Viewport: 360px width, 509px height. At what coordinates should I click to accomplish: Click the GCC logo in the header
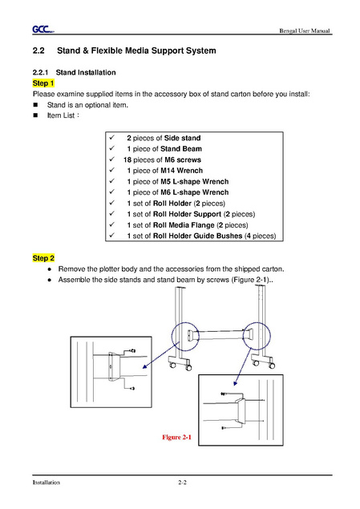coord(42,30)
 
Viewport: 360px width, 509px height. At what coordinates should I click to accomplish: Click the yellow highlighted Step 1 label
coord(43,83)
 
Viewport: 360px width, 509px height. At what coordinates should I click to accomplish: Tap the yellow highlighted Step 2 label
coord(43,258)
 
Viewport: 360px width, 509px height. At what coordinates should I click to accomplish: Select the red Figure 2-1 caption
coord(176,438)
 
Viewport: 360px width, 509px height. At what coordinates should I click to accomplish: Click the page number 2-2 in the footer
coord(182,483)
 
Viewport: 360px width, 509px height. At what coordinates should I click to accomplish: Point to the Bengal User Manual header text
coord(305,30)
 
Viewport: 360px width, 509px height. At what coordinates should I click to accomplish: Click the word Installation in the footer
coord(46,483)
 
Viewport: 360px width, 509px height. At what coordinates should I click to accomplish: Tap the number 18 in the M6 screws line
coord(127,160)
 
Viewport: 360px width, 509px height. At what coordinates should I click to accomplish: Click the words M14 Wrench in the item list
coord(181,171)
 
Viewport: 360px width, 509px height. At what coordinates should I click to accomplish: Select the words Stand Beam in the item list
coord(181,148)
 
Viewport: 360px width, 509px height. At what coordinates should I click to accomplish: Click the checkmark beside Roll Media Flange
coord(112,224)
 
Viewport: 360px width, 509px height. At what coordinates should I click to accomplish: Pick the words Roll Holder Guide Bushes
coord(198,236)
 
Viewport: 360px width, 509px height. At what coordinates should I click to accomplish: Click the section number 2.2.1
coord(40,72)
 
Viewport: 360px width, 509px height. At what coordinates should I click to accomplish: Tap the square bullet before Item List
coord(35,115)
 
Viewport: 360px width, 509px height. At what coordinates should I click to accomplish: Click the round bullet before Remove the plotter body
coord(50,269)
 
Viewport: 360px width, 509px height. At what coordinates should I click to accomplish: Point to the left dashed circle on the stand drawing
coord(172,337)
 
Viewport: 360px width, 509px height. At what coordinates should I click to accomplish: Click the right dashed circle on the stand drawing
coord(243,336)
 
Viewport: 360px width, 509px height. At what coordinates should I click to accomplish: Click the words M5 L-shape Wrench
coord(195,181)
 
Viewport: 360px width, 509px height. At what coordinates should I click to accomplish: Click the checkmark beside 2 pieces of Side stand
coord(112,137)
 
